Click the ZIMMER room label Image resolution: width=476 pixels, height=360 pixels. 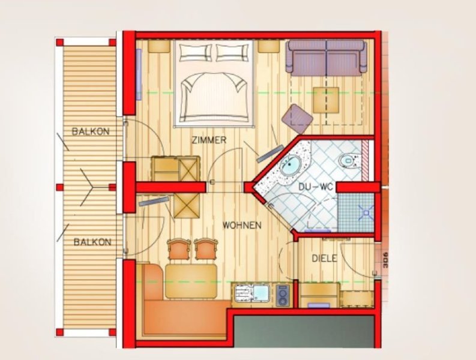[x=209, y=140]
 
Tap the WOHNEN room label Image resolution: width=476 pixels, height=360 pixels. [x=242, y=225]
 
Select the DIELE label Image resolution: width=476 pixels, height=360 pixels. [x=325, y=259]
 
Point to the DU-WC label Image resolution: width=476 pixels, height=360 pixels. [x=316, y=187]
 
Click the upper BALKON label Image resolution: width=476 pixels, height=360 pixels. [x=91, y=131]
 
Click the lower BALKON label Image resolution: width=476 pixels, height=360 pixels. [x=92, y=242]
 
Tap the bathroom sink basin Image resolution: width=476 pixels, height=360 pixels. [x=290, y=166]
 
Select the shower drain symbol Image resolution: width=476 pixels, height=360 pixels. [x=366, y=212]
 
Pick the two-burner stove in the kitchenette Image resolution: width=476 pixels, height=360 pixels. [x=283, y=295]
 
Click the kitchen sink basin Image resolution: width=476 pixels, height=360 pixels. [x=261, y=293]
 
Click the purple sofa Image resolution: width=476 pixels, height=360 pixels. [x=327, y=57]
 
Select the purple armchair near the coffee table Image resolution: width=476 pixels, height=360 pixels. [x=297, y=119]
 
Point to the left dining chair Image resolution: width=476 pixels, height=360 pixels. [x=179, y=249]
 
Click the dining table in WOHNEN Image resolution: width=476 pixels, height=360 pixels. [x=191, y=281]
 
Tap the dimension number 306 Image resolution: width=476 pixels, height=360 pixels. [x=385, y=260]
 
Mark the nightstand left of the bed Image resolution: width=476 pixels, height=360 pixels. [x=159, y=46]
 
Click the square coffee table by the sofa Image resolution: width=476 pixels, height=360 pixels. [x=326, y=100]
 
